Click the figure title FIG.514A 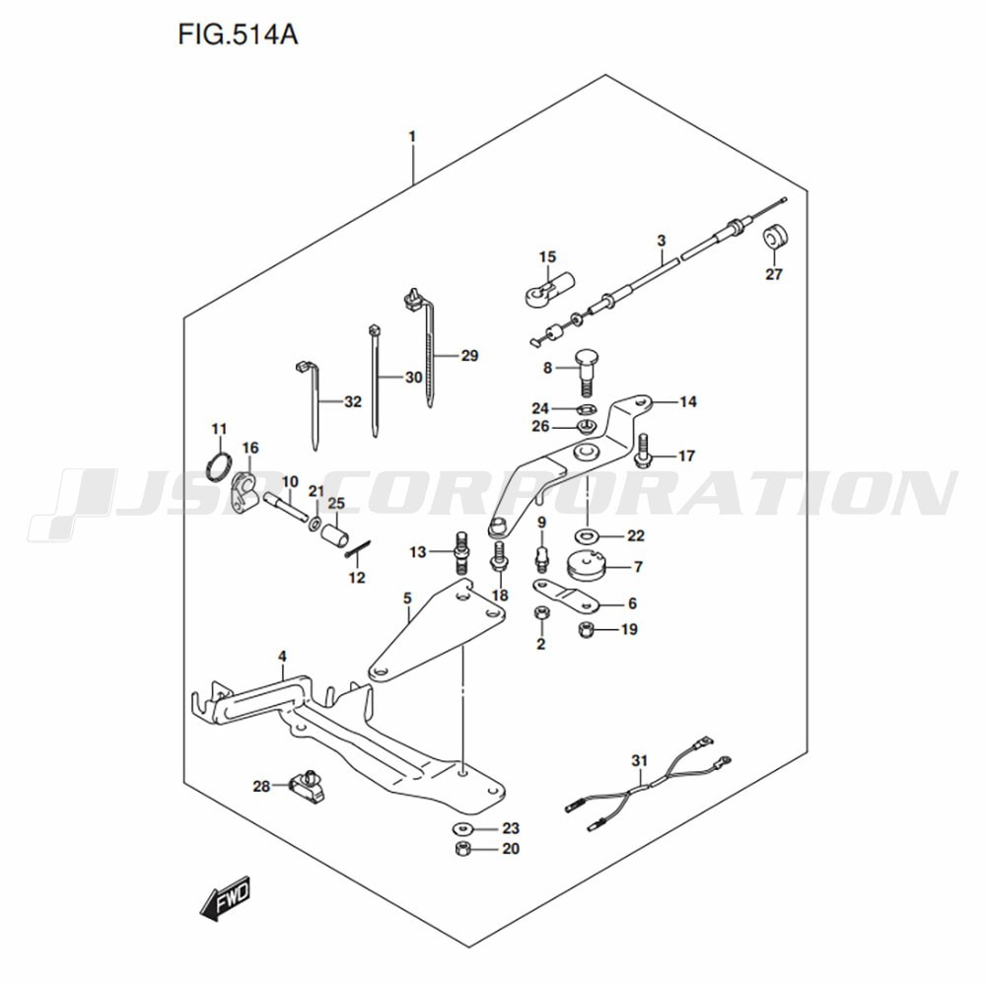(238, 35)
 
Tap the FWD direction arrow (225, 897)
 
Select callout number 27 (774, 274)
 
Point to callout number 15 (547, 256)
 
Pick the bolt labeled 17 (643, 452)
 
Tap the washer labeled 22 (587, 536)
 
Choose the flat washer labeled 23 (462, 827)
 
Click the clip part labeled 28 (308, 786)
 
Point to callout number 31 (640, 761)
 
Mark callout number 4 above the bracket (283, 657)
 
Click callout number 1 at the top (412, 136)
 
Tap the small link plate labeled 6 (566, 595)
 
